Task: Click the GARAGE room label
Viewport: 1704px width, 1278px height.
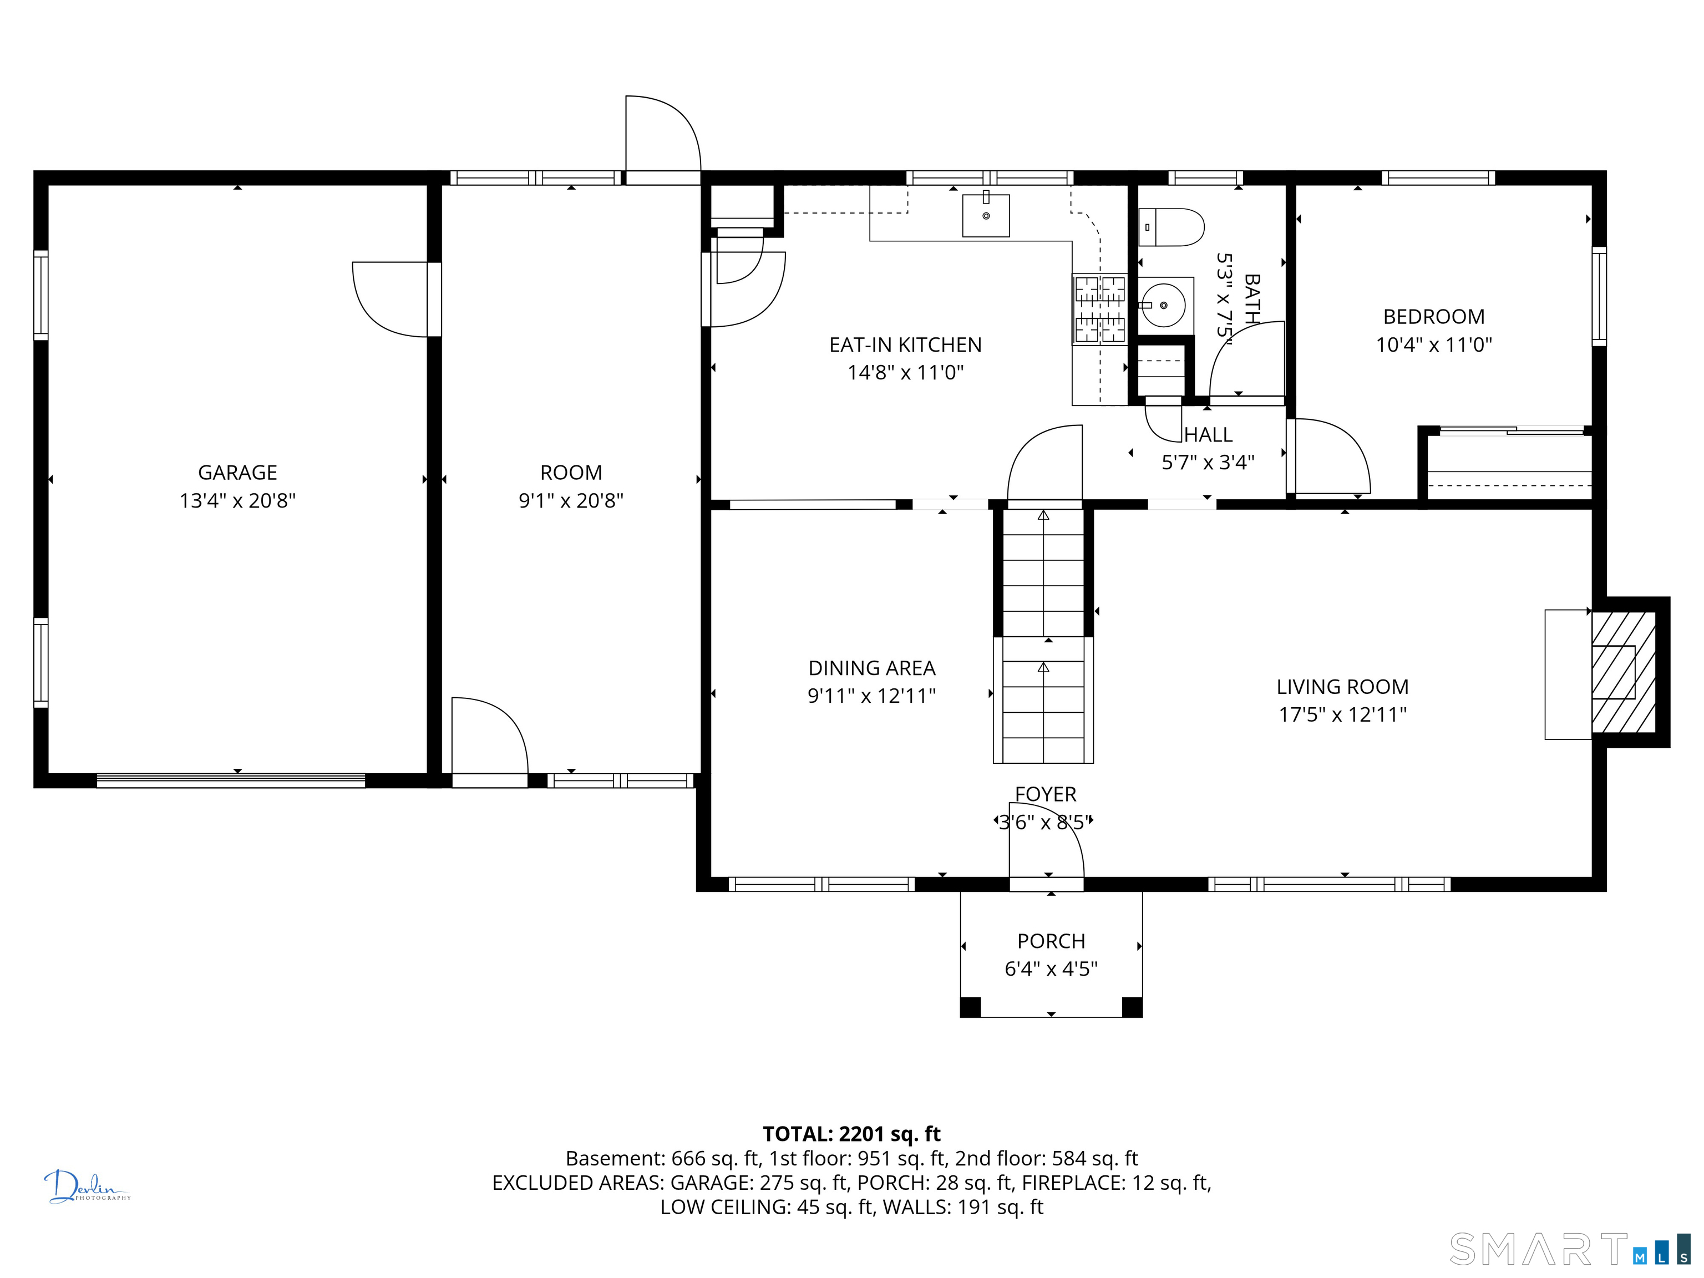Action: pyautogui.click(x=237, y=472)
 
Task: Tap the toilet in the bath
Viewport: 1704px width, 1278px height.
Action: pyautogui.click(x=1171, y=227)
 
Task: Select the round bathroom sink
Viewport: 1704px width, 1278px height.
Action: pyautogui.click(x=1163, y=306)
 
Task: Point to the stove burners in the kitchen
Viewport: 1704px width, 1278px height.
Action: pyautogui.click(x=1100, y=309)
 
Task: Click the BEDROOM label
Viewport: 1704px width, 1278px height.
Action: pyautogui.click(x=1434, y=317)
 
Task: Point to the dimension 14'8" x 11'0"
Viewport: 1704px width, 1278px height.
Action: pyautogui.click(x=906, y=373)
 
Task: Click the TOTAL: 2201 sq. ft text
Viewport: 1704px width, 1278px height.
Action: pyautogui.click(x=852, y=1134)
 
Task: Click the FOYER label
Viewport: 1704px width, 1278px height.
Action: pyautogui.click(x=1046, y=794)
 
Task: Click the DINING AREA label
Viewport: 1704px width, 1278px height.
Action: pyautogui.click(x=872, y=668)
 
